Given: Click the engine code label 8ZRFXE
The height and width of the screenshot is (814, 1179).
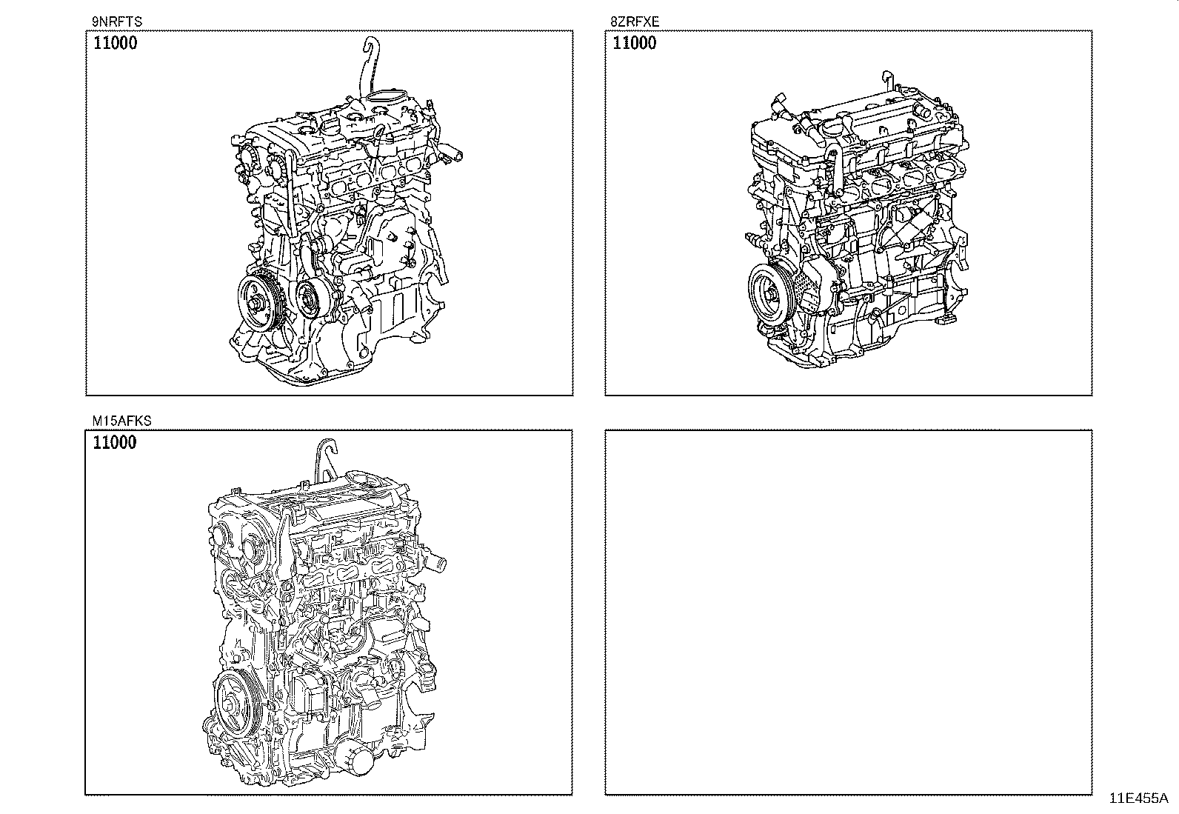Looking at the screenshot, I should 635,22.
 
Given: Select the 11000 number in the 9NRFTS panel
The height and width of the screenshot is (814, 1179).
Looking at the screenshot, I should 115,43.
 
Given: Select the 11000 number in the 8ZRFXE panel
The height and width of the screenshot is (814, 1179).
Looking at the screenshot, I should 635,43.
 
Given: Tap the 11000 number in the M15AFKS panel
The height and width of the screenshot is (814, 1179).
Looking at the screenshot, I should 115,443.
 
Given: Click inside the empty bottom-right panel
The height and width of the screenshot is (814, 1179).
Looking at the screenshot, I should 848,611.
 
